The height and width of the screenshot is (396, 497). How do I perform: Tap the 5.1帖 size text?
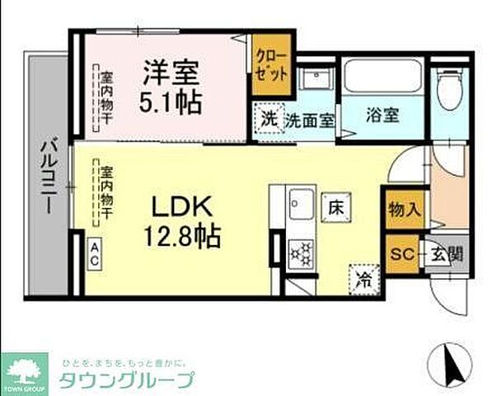(172, 102)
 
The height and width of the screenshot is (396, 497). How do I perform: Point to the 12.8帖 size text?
(183, 239)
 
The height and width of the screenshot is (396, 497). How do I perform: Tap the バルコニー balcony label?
(47, 175)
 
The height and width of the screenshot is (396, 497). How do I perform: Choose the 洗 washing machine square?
(270, 117)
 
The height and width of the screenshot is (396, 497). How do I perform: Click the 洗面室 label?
(309, 119)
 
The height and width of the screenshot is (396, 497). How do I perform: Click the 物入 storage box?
(404, 209)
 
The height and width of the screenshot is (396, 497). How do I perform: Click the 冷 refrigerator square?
(363, 279)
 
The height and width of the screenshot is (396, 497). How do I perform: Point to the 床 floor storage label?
(334, 207)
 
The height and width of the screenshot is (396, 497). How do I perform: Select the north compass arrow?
(452, 362)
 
